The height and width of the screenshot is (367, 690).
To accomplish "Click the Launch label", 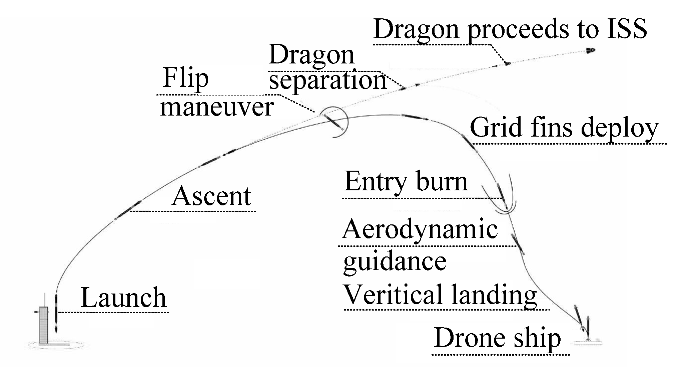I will pos(123,298).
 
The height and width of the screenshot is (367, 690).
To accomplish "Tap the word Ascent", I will pos(211,196).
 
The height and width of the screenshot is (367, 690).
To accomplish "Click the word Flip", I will pos(185,78).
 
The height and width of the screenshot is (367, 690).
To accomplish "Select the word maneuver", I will pos(217,108).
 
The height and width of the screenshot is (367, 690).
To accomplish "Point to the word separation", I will pos(327,81).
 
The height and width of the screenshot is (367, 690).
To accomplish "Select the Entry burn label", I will pos(406,182).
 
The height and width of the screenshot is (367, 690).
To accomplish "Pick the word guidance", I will pos(395,261).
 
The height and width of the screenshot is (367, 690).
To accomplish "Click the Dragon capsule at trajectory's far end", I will pos(591,51).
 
